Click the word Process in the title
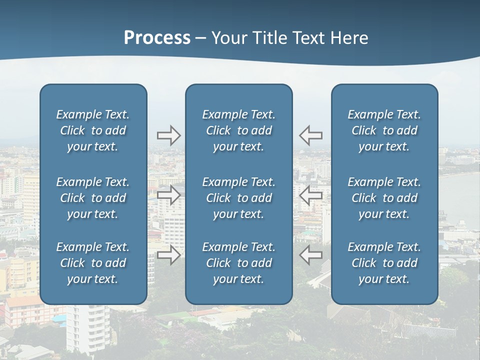(157, 38)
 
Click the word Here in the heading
(348, 38)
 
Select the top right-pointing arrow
(168, 135)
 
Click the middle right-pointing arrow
(168, 195)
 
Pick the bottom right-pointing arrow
(168, 255)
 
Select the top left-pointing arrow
(310, 135)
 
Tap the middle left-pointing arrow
(310, 195)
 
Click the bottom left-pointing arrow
(310, 255)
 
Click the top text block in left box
(93, 130)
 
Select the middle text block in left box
(93, 198)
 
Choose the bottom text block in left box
(93, 263)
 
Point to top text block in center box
(238, 130)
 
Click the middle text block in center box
(238, 198)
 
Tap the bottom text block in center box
(238, 263)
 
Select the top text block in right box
(384, 130)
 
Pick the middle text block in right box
(384, 198)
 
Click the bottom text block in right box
(384, 263)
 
